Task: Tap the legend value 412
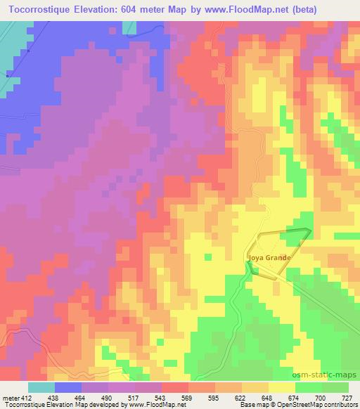(x=25, y=397)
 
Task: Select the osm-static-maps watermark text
(x=330, y=375)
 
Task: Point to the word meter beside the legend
(x=10, y=397)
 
